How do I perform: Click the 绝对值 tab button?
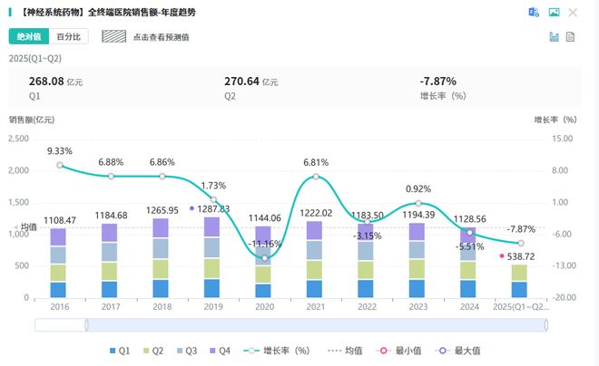(x=27, y=37)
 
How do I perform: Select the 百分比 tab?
(x=68, y=37)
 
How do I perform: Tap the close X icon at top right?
(x=573, y=13)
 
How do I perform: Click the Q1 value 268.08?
(x=45, y=81)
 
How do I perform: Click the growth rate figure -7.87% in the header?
(x=437, y=81)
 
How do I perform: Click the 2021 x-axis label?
(x=315, y=307)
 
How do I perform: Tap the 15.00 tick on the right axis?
(x=563, y=139)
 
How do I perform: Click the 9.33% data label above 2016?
(x=60, y=151)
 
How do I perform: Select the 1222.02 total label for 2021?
(x=315, y=213)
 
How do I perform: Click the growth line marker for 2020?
(x=264, y=258)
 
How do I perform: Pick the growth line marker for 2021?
(x=315, y=176)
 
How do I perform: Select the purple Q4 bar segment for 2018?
(x=162, y=227)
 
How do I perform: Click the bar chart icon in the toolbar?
(x=553, y=37)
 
